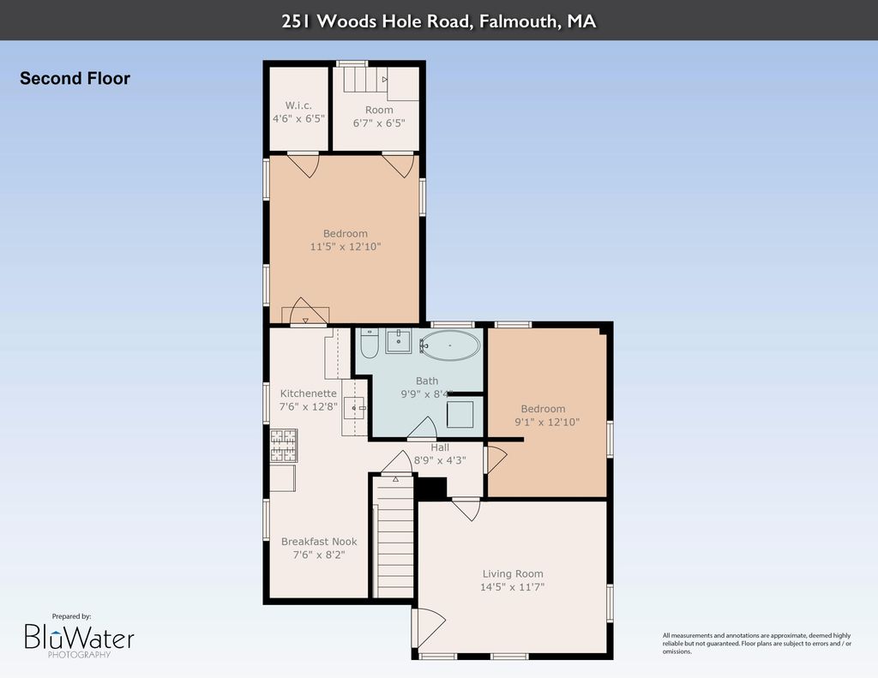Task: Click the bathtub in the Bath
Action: [x=449, y=345]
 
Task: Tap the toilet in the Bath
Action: [x=370, y=344]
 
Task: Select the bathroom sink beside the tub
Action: [x=399, y=341]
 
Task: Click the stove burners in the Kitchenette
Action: [x=283, y=446]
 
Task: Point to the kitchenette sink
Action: [x=354, y=408]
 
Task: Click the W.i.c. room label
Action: [x=298, y=105]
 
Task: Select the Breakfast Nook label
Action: [x=319, y=542]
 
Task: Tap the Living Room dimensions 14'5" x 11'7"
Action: [x=513, y=587]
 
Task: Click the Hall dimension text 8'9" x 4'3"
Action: [x=440, y=460]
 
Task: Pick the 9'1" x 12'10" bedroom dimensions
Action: [x=547, y=422]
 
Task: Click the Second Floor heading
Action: [x=75, y=78]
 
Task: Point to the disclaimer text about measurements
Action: [x=756, y=644]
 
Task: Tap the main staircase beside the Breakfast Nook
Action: [x=394, y=537]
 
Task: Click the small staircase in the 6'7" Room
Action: [x=365, y=79]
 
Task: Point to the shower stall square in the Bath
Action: [x=460, y=414]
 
